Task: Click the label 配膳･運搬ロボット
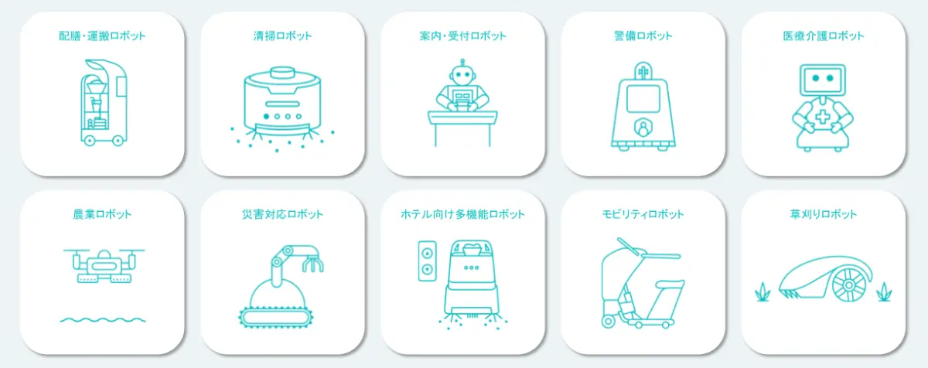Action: point(102,36)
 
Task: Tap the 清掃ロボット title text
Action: point(282,36)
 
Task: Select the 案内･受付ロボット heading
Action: point(462,36)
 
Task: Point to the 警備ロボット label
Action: point(643,36)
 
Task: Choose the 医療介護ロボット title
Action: point(824,36)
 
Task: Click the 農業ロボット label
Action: point(102,214)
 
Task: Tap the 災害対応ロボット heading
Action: point(282,214)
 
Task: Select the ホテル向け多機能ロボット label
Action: point(462,214)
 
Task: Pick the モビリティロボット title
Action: point(643,214)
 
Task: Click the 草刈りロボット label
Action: point(824,214)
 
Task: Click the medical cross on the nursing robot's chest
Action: point(823,118)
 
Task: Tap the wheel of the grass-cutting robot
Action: point(849,285)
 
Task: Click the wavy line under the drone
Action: point(103,319)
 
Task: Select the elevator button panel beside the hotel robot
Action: point(427,261)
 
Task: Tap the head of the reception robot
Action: point(462,75)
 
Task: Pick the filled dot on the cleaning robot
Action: point(266,116)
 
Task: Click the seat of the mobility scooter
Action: point(668,284)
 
